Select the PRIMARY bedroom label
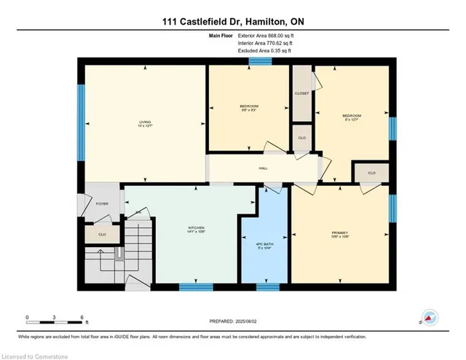point(341,233)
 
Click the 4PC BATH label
point(265,243)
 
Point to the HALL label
point(263,168)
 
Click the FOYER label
point(102,204)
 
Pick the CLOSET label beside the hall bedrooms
point(302,93)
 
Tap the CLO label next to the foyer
point(102,235)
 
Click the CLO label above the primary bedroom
point(371,173)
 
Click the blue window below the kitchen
point(195,286)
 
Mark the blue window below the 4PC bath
point(267,286)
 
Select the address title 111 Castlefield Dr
point(232,21)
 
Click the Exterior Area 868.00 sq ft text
point(264,35)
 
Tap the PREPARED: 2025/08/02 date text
point(232,321)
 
